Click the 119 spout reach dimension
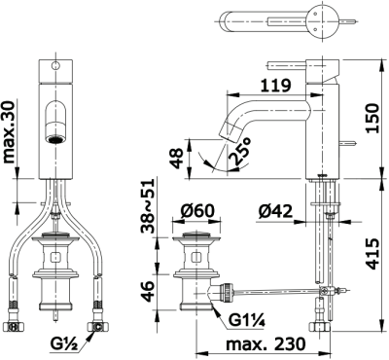point(276,86)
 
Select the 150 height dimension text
point(371,118)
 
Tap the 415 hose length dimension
point(371,254)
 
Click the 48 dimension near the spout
point(178,159)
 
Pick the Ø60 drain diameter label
point(197,211)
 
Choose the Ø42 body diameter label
point(275,211)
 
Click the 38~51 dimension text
point(148,206)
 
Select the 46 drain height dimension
point(148,291)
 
